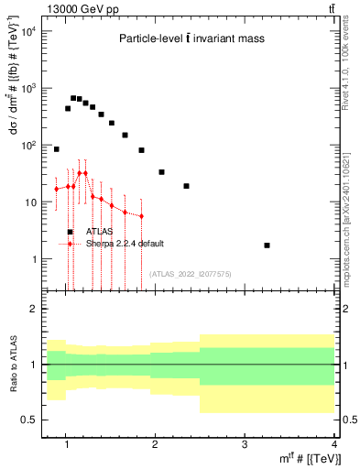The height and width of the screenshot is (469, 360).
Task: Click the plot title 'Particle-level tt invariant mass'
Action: (189, 38)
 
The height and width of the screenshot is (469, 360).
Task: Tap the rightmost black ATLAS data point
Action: (267, 245)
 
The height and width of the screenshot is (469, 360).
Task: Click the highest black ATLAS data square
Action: (73, 98)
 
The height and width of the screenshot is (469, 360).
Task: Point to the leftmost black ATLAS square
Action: (56, 148)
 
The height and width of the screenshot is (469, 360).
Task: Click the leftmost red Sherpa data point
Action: (56, 189)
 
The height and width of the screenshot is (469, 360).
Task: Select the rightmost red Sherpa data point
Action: (141, 216)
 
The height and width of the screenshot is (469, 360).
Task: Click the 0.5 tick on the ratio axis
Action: (27, 420)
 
